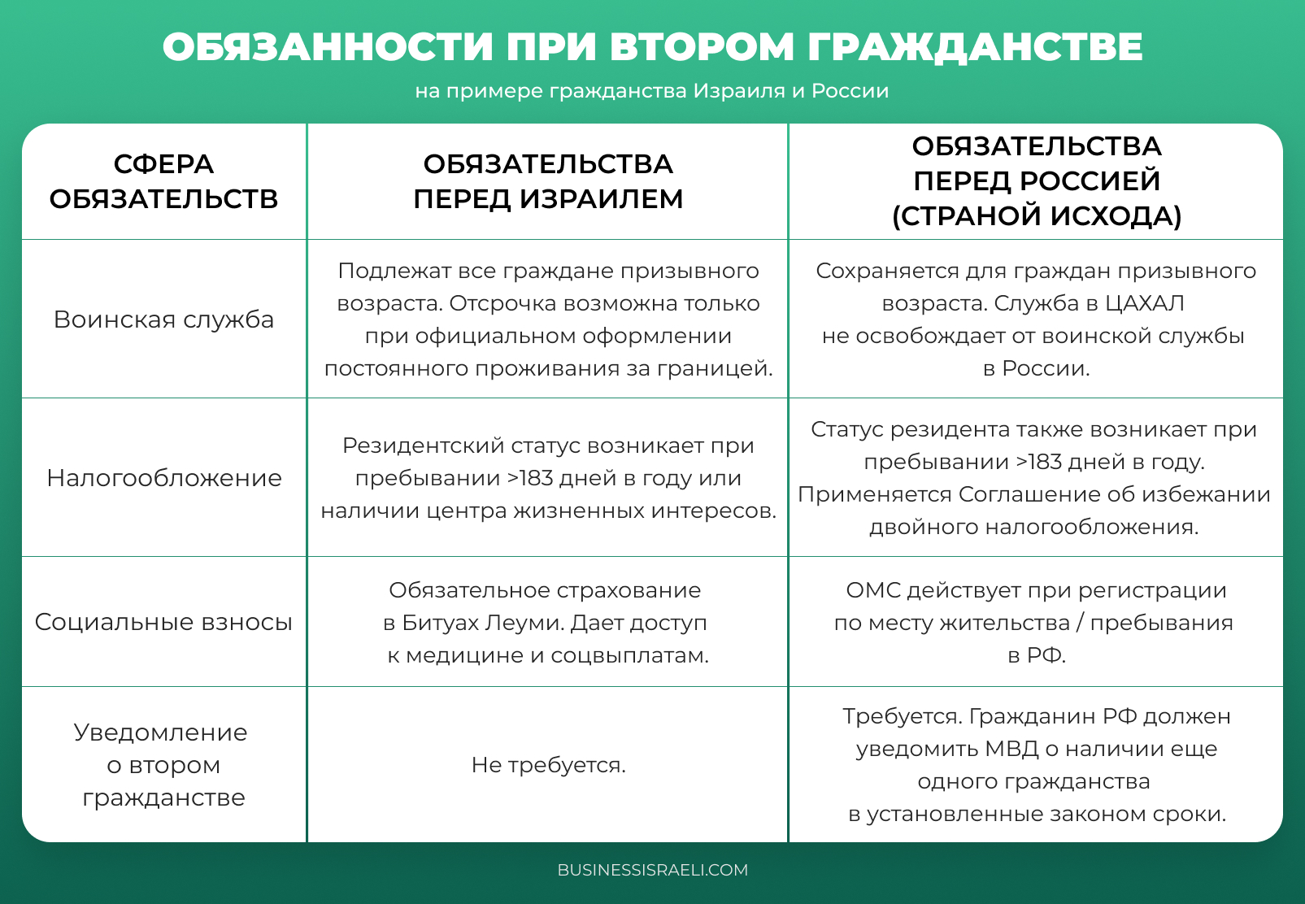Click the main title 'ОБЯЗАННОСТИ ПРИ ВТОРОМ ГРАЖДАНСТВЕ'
click(x=652, y=47)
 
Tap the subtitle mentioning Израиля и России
click(x=652, y=91)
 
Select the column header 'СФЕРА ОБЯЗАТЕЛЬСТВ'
click(x=163, y=181)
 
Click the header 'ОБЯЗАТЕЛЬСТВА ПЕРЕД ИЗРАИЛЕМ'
click(x=548, y=181)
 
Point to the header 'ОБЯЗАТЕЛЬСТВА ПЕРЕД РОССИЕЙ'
click(x=1037, y=163)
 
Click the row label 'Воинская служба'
click(x=163, y=319)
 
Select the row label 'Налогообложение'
click(x=163, y=478)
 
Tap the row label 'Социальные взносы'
click(x=163, y=622)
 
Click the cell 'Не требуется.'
click(x=548, y=765)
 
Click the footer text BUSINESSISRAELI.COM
click(x=652, y=870)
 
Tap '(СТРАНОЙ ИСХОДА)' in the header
click(x=1037, y=216)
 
